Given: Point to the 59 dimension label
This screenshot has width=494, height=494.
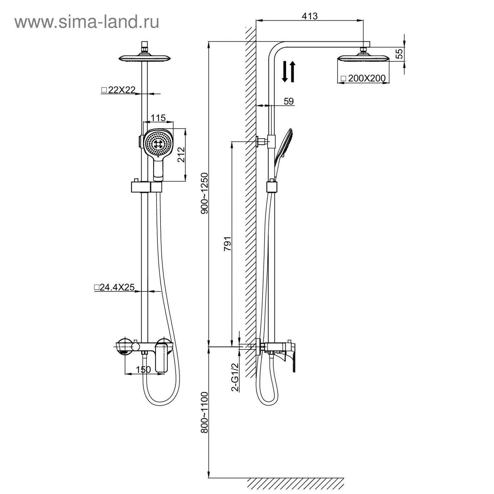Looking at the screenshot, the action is [288, 101].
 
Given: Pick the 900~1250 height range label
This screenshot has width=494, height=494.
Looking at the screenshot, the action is [205, 193].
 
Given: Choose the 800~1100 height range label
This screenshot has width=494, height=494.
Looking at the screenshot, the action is [205, 412].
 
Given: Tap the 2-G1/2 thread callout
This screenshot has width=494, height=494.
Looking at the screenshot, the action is [235, 377].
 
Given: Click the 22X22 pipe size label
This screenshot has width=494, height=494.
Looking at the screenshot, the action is [118, 90].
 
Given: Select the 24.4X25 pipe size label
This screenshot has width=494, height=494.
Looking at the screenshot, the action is [114, 287].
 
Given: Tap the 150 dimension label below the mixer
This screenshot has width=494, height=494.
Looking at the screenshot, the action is [143, 370].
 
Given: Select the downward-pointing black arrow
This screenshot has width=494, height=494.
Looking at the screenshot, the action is [285, 72].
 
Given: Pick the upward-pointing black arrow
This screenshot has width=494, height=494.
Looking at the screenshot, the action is [292, 72].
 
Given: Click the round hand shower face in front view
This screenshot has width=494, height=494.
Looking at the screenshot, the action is [158, 144].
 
